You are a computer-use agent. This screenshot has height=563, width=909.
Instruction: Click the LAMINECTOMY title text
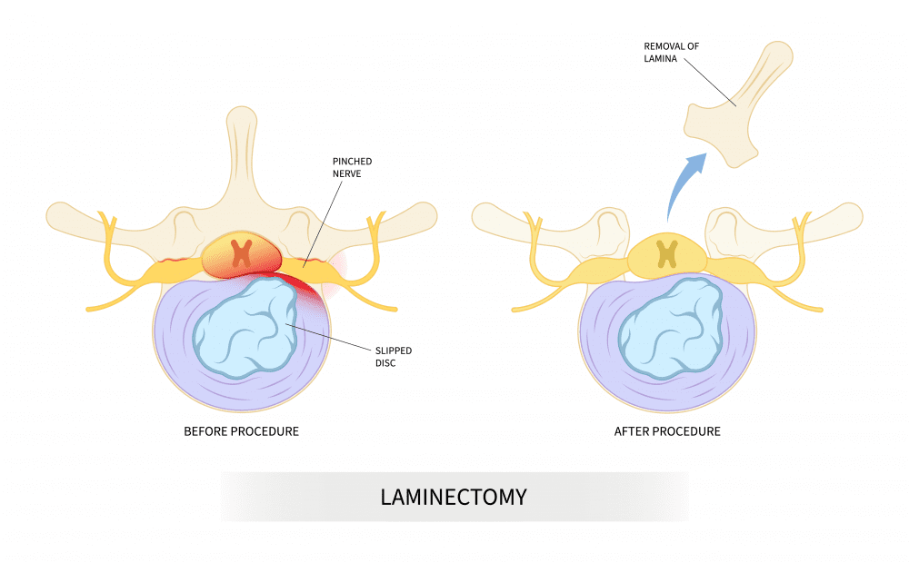pos(453,497)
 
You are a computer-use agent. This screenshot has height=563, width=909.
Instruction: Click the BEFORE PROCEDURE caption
pos(241,430)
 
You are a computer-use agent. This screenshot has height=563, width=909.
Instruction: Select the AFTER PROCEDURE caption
pos(667,430)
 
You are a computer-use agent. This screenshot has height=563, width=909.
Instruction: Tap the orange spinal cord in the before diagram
pos(241,254)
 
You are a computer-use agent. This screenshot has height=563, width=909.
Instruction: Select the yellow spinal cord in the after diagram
pos(667,252)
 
